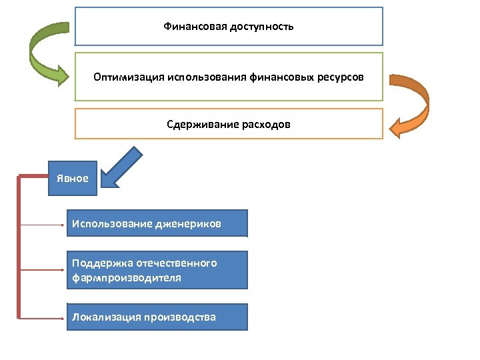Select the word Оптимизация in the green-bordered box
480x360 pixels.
coord(125,77)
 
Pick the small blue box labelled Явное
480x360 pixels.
coord(73,178)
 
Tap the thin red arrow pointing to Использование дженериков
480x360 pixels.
coord(43,225)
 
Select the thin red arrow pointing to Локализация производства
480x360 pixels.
coord(43,315)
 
